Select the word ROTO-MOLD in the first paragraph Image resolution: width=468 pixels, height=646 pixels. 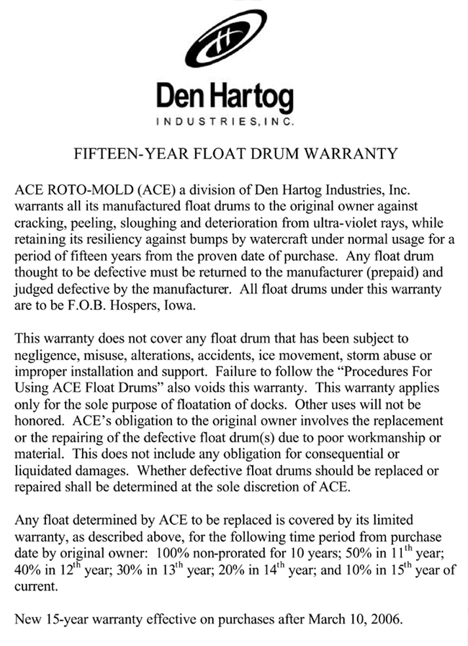(77, 190)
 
